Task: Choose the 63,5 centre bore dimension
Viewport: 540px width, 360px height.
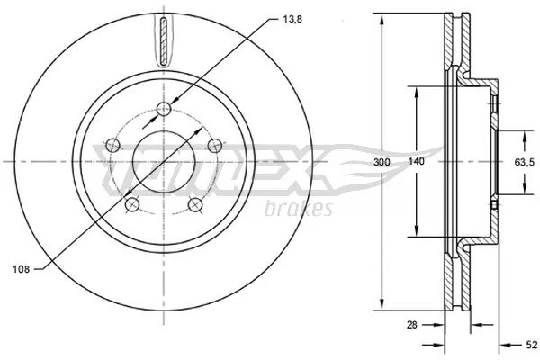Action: click(x=525, y=162)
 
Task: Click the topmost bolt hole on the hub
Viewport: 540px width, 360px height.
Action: click(x=163, y=110)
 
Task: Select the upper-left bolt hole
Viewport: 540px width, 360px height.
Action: click(x=112, y=146)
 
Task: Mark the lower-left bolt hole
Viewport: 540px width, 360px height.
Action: click(x=132, y=206)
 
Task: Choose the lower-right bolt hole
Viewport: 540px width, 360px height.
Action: click(x=194, y=206)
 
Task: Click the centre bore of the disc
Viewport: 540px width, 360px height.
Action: click(x=163, y=162)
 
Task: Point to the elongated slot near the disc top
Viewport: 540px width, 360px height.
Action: click(x=163, y=41)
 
